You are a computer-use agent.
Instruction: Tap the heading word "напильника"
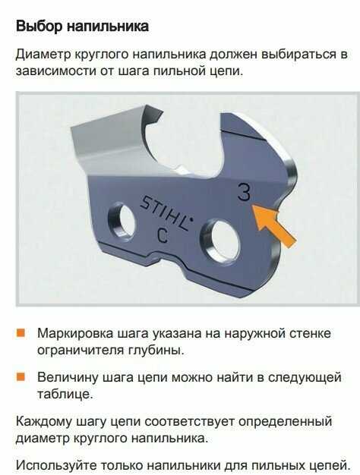[108, 27]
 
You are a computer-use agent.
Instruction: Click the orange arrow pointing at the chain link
[273, 224]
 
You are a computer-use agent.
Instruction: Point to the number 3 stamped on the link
[245, 192]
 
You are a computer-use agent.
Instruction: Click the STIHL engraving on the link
[166, 212]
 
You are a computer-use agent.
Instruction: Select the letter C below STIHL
[163, 235]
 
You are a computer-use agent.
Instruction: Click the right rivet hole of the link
[221, 241]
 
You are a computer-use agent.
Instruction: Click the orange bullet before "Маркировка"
[21, 332]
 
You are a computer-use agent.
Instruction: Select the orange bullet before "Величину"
[21, 376]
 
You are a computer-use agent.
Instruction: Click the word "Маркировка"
[74, 334]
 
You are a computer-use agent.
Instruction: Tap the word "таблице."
[65, 394]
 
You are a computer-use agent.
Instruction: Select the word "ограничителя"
[81, 351]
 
